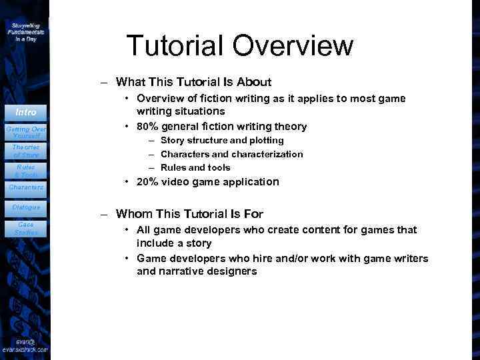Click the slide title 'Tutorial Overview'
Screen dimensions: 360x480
click(240, 45)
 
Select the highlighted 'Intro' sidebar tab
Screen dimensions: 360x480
click(26, 112)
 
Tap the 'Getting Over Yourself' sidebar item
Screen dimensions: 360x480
click(26, 131)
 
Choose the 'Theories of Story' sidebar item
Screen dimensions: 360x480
click(26, 151)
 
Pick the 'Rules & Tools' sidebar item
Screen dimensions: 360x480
click(26, 171)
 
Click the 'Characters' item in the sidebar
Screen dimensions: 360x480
click(26, 188)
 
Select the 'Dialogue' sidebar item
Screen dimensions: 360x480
click(26, 207)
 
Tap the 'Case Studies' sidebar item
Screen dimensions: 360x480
click(26, 228)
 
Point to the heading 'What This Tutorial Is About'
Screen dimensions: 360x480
click(193, 82)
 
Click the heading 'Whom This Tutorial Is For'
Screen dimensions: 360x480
click(189, 214)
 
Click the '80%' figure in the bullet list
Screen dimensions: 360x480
click(147, 126)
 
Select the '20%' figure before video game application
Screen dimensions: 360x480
click(147, 181)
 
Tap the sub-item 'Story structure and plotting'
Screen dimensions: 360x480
click(222, 140)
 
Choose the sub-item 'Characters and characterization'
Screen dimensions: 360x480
click(231, 154)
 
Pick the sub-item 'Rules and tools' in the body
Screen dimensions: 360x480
click(195, 167)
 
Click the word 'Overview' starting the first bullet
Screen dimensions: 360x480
click(161, 98)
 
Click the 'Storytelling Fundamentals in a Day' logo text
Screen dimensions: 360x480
click(26, 31)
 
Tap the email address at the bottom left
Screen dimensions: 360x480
click(26, 345)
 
